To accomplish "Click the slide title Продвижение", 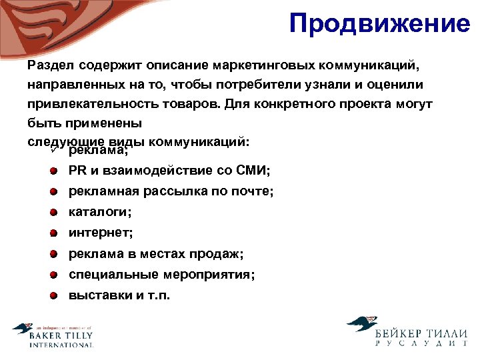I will pyautogui.click(x=379, y=24).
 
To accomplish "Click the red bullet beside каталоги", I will pyautogui.click(x=53, y=213).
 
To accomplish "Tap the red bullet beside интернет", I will pyautogui.click(x=53, y=233).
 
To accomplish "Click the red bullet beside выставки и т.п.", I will pyautogui.click(x=53, y=295).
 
